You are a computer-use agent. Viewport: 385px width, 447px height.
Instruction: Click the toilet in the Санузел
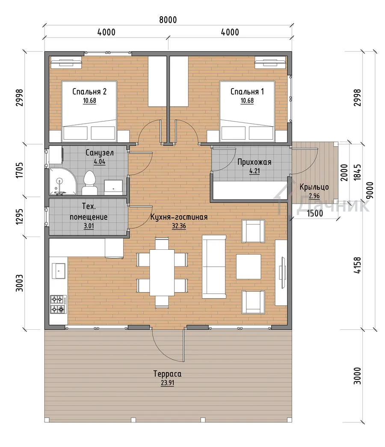[x=89, y=183]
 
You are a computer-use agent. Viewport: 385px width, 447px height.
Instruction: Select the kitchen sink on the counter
[x=59, y=271]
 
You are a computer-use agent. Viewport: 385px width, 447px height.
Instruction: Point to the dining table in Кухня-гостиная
[x=162, y=272]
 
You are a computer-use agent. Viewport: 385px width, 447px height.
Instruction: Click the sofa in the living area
[x=214, y=266]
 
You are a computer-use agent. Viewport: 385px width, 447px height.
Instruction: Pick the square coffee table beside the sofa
[x=249, y=266]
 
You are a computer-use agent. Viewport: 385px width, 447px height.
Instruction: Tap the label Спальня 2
[x=89, y=92]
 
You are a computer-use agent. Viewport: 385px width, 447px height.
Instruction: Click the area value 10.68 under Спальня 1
[x=247, y=101]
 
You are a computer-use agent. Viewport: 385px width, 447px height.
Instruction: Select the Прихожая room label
[x=254, y=162]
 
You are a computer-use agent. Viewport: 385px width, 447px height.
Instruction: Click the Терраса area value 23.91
[x=167, y=383]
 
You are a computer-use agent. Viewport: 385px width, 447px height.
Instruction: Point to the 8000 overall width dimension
[x=168, y=20]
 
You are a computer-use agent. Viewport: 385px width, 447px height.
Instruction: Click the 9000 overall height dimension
[x=370, y=190]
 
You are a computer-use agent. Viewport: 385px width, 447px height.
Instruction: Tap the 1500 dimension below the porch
[x=315, y=213]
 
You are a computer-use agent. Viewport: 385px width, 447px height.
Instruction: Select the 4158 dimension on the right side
[x=357, y=265]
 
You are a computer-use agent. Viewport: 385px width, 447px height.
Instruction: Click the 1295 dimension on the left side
[x=19, y=217]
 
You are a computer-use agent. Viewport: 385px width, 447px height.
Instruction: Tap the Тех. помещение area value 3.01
[x=89, y=226]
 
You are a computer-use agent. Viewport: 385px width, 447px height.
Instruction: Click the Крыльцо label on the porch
[x=314, y=187]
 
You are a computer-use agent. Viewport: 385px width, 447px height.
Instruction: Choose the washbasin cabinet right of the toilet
[x=113, y=187]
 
